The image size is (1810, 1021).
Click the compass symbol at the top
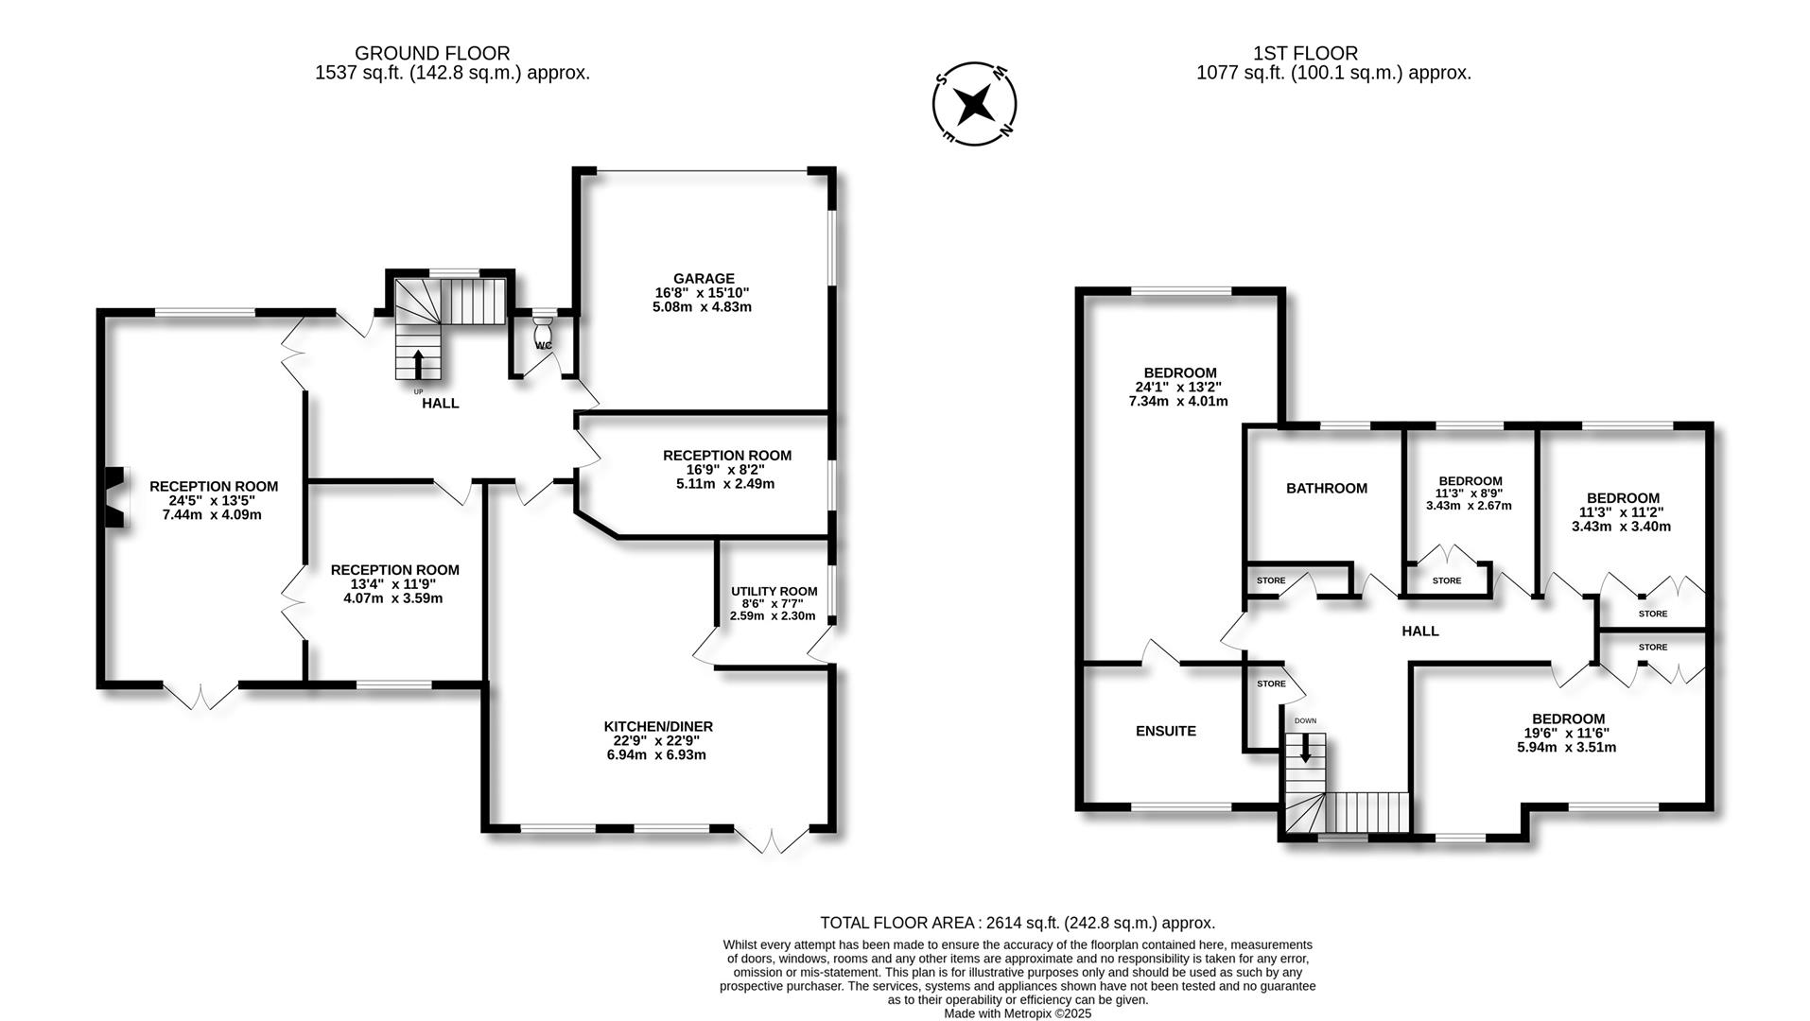click(974, 103)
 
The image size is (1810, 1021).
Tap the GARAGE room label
click(704, 278)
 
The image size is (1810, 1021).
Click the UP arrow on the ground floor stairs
click(419, 363)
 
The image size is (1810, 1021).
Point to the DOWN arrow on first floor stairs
click(1306, 749)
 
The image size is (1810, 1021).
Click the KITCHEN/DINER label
click(658, 726)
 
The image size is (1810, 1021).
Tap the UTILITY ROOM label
click(774, 591)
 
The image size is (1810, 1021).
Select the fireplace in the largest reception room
click(113, 497)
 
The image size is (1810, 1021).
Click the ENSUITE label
click(1165, 731)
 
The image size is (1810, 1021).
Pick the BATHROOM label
click(1326, 488)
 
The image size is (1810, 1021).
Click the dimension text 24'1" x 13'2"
click(1178, 387)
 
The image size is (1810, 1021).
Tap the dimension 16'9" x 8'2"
click(726, 469)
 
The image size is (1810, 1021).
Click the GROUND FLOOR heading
click(432, 54)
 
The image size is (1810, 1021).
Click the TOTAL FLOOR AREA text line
click(1017, 923)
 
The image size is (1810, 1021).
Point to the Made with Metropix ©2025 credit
click(1018, 1013)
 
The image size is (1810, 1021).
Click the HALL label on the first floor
click(1419, 631)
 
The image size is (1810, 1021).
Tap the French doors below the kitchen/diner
click(774, 841)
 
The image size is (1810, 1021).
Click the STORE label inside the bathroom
click(1270, 580)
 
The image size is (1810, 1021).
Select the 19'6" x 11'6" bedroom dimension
click(1568, 733)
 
